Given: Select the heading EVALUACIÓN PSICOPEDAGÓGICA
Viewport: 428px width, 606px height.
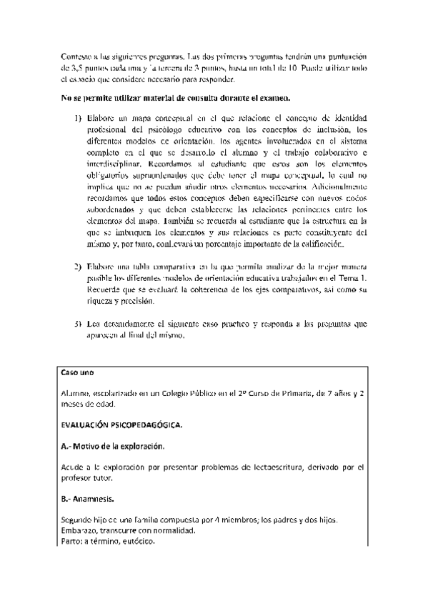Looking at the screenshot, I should tap(121, 425).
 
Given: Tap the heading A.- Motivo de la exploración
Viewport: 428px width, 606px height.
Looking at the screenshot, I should tap(113, 446).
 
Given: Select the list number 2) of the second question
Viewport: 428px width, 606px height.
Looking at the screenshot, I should tap(78, 267).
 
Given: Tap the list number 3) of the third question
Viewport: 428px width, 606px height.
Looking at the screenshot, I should tap(78, 324).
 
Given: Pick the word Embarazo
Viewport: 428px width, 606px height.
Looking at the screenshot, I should tap(80, 531).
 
